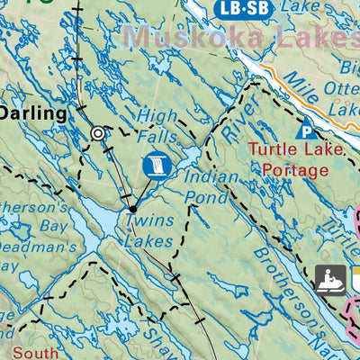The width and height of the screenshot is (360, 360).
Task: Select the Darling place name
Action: pyautogui.click(x=33, y=113)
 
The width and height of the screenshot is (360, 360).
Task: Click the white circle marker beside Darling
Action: pyautogui.click(x=97, y=133)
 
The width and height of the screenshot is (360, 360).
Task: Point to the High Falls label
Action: pyautogui.click(x=160, y=125)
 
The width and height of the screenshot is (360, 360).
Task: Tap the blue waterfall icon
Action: pyautogui.click(x=155, y=165)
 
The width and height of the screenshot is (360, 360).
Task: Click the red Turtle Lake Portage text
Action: pyautogui.click(x=297, y=158)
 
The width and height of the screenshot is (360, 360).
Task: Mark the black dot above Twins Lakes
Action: pyautogui.click(x=132, y=209)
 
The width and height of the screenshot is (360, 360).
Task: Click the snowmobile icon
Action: pyautogui.click(x=330, y=279)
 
